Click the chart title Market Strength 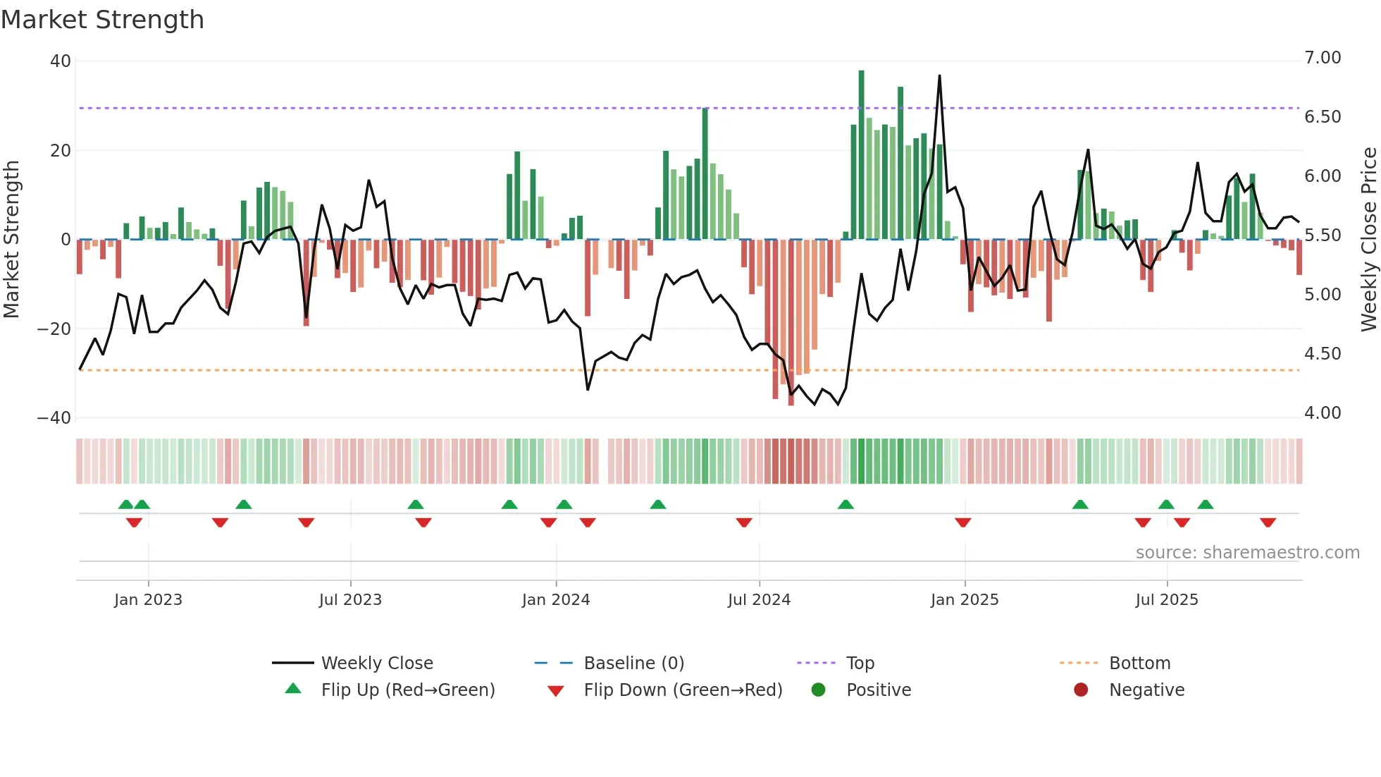(102, 20)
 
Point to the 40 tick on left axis (61, 61)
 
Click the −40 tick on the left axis (54, 418)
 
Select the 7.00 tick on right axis (1323, 58)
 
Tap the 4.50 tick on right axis (1323, 354)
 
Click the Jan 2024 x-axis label (556, 600)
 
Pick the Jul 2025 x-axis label (1167, 600)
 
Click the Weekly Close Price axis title (1368, 239)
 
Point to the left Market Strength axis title (12, 239)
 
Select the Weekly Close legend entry (377, 663)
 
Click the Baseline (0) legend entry (633, 663)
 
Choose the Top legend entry (860, 663)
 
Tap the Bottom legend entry (1139, 663)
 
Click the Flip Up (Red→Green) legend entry (408, 690)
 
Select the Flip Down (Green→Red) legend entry (683, 690)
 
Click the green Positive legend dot (818, 690)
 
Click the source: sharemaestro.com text (1247, 553)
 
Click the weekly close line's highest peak (939, 76)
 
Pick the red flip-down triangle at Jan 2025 (963, 522)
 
